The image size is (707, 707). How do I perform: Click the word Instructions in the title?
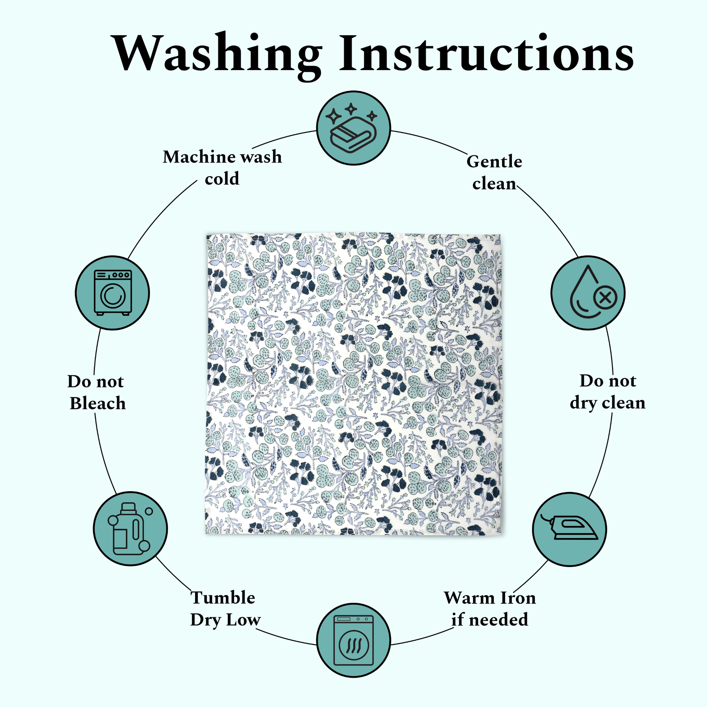[487, 54]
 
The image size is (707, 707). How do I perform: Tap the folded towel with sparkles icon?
[353, 128]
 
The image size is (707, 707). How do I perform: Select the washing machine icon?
[112, 293]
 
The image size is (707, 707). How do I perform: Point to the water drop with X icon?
[588, 293]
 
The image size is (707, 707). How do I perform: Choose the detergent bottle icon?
[130, 529]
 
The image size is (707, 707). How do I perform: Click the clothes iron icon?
[569, 529]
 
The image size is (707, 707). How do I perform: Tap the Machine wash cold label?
[222, 167]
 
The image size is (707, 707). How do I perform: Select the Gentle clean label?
[494, 172]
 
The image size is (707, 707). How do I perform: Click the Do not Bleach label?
[97, 392]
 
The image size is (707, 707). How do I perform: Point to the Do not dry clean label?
[608, 391]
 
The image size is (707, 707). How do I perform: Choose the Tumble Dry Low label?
[225, 609]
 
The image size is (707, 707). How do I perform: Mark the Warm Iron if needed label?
[490, 609]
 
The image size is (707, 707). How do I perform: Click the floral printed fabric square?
[353, 384]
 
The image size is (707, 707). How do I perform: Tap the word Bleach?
[98, 403]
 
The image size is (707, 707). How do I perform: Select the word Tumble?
[223, 598]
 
